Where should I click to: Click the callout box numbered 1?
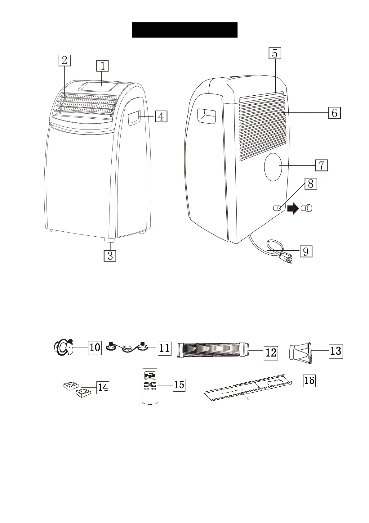click(x=103, y=66)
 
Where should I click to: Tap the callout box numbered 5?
click(x=275, y=53)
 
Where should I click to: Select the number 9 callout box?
click(x=306, y=251)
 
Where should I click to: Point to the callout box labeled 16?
click(x=309, y=380)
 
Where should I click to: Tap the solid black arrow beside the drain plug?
click(x=293, y=209)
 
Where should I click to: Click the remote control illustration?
click(x=150, y=386)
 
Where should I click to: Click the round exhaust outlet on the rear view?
click(x=273, y=167)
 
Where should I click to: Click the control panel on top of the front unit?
click(x=99, y=86)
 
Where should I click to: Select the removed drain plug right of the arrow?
click(x=307, y=208)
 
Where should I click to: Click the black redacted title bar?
click(x=184, y=30)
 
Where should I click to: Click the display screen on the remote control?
click(x=150, y=376)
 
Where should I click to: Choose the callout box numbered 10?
click(x=95, y=348)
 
